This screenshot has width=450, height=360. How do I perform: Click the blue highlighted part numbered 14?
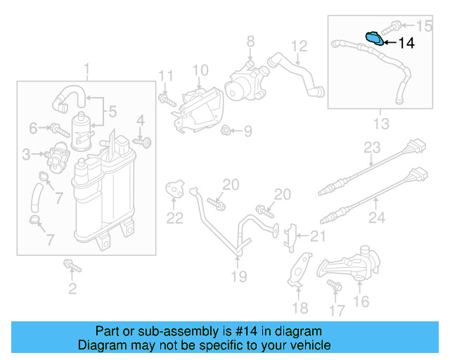tap(375, 39)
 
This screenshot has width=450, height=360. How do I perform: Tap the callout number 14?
tap(406, 43)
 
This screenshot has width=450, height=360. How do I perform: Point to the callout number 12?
tap(300, 46)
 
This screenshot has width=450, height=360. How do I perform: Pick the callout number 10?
tap(200, 70)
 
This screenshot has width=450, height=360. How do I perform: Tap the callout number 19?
tap(239, 276)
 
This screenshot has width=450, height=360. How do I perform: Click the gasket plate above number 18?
tap(300, 269)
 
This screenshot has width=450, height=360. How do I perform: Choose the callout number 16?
tap(361, 302)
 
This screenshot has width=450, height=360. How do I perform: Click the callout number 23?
tap(371, 148)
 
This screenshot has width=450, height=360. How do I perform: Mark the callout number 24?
tap(377, 218)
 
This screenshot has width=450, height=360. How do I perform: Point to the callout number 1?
tap(87, 69)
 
